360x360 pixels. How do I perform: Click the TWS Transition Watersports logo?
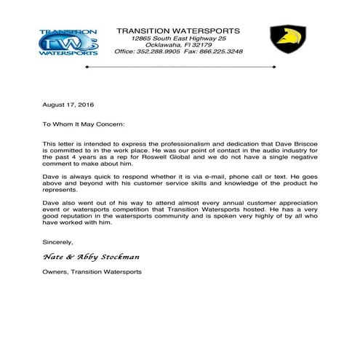point(68,42)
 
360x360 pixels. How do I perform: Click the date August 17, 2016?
point(63,106)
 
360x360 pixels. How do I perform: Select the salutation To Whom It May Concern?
point(84,124)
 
